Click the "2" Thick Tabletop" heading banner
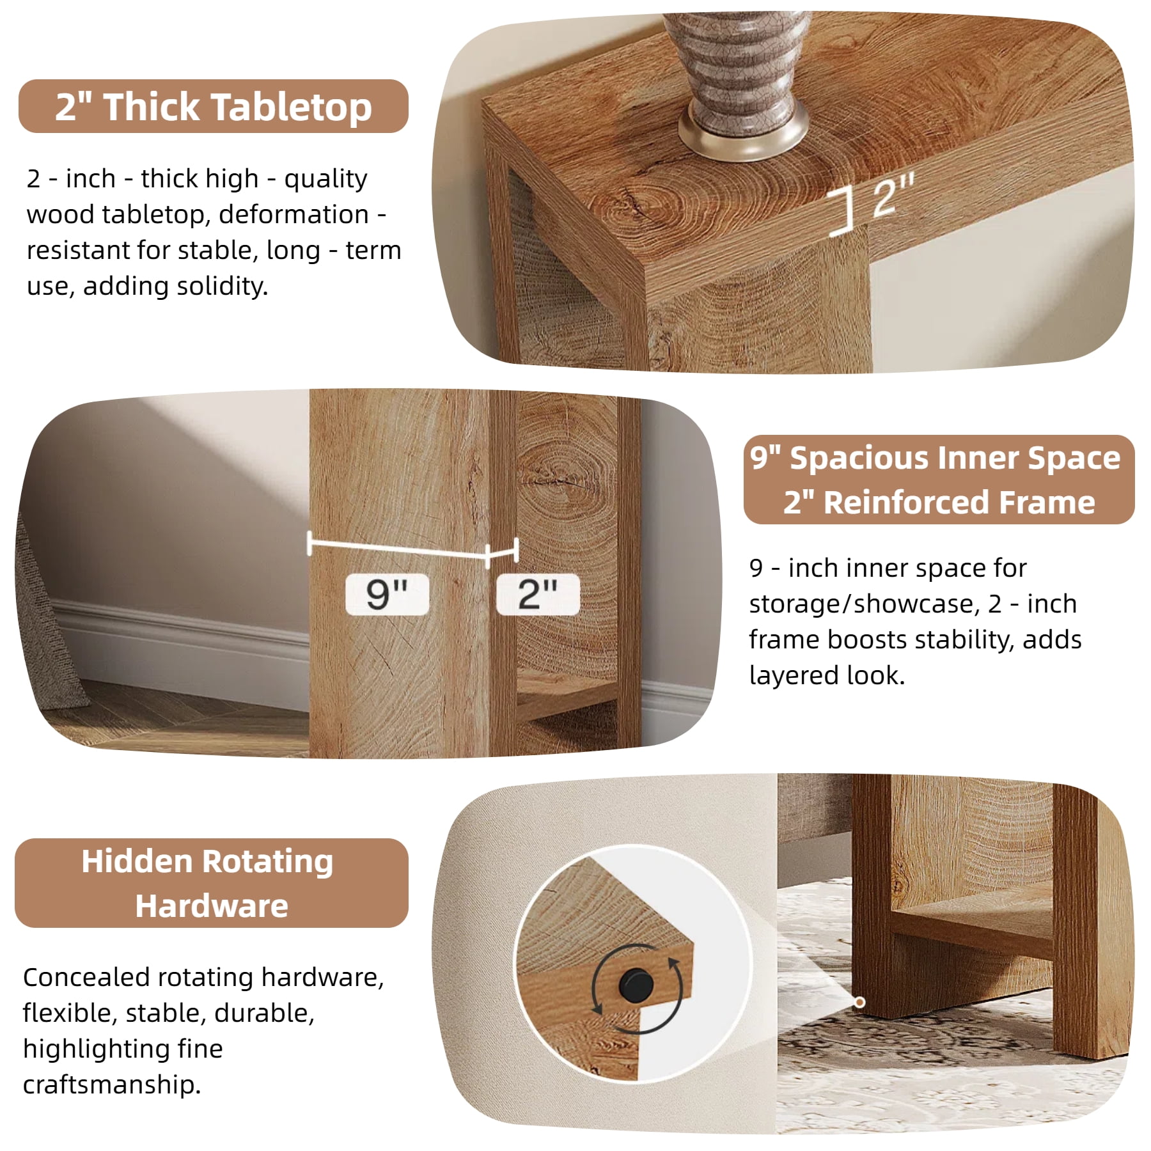[213, 106]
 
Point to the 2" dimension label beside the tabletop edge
[893, 194]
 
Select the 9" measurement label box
[387, 594]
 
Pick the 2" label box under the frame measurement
[538, 594]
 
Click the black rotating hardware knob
[636, 985]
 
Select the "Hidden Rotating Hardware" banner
[212, 883]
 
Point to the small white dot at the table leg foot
[860, 1002]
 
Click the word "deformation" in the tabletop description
[294, 214]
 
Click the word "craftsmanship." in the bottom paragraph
[112, 1085]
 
